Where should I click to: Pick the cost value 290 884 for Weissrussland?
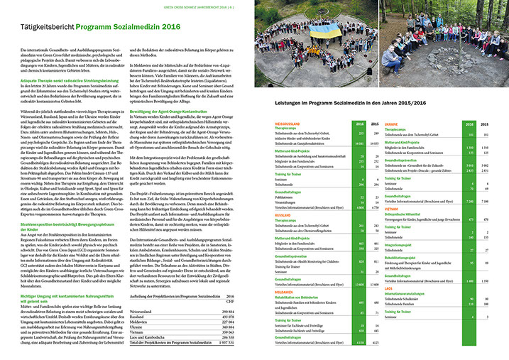coord(227,311)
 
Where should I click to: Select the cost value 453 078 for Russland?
coord(227,316)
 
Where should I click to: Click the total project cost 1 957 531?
coord(226,342)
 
